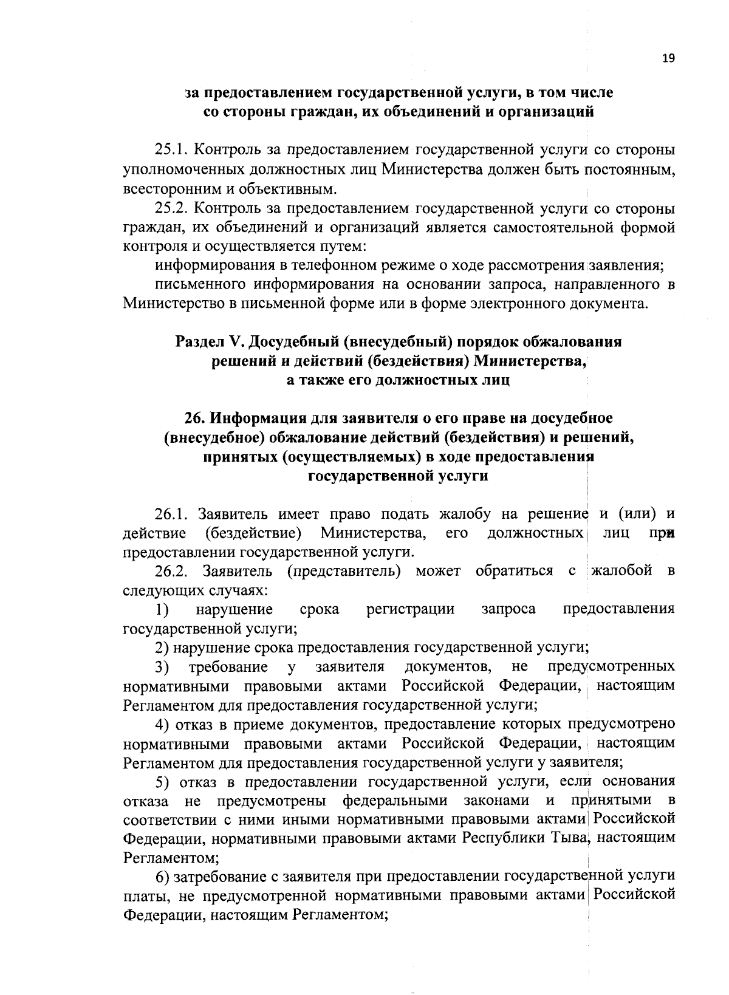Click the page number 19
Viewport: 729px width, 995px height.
(668, 58)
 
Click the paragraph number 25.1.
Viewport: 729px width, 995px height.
(173, 150)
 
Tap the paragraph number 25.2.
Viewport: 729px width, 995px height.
(173, 209)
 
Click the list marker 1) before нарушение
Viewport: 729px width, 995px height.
(162, 609)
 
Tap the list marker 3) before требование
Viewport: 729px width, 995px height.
(162, 667)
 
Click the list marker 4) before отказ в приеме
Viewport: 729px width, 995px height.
(162, 725)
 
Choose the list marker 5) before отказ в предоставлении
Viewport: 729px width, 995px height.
(162, 781)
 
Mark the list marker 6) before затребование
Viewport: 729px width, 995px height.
(162, 877)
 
